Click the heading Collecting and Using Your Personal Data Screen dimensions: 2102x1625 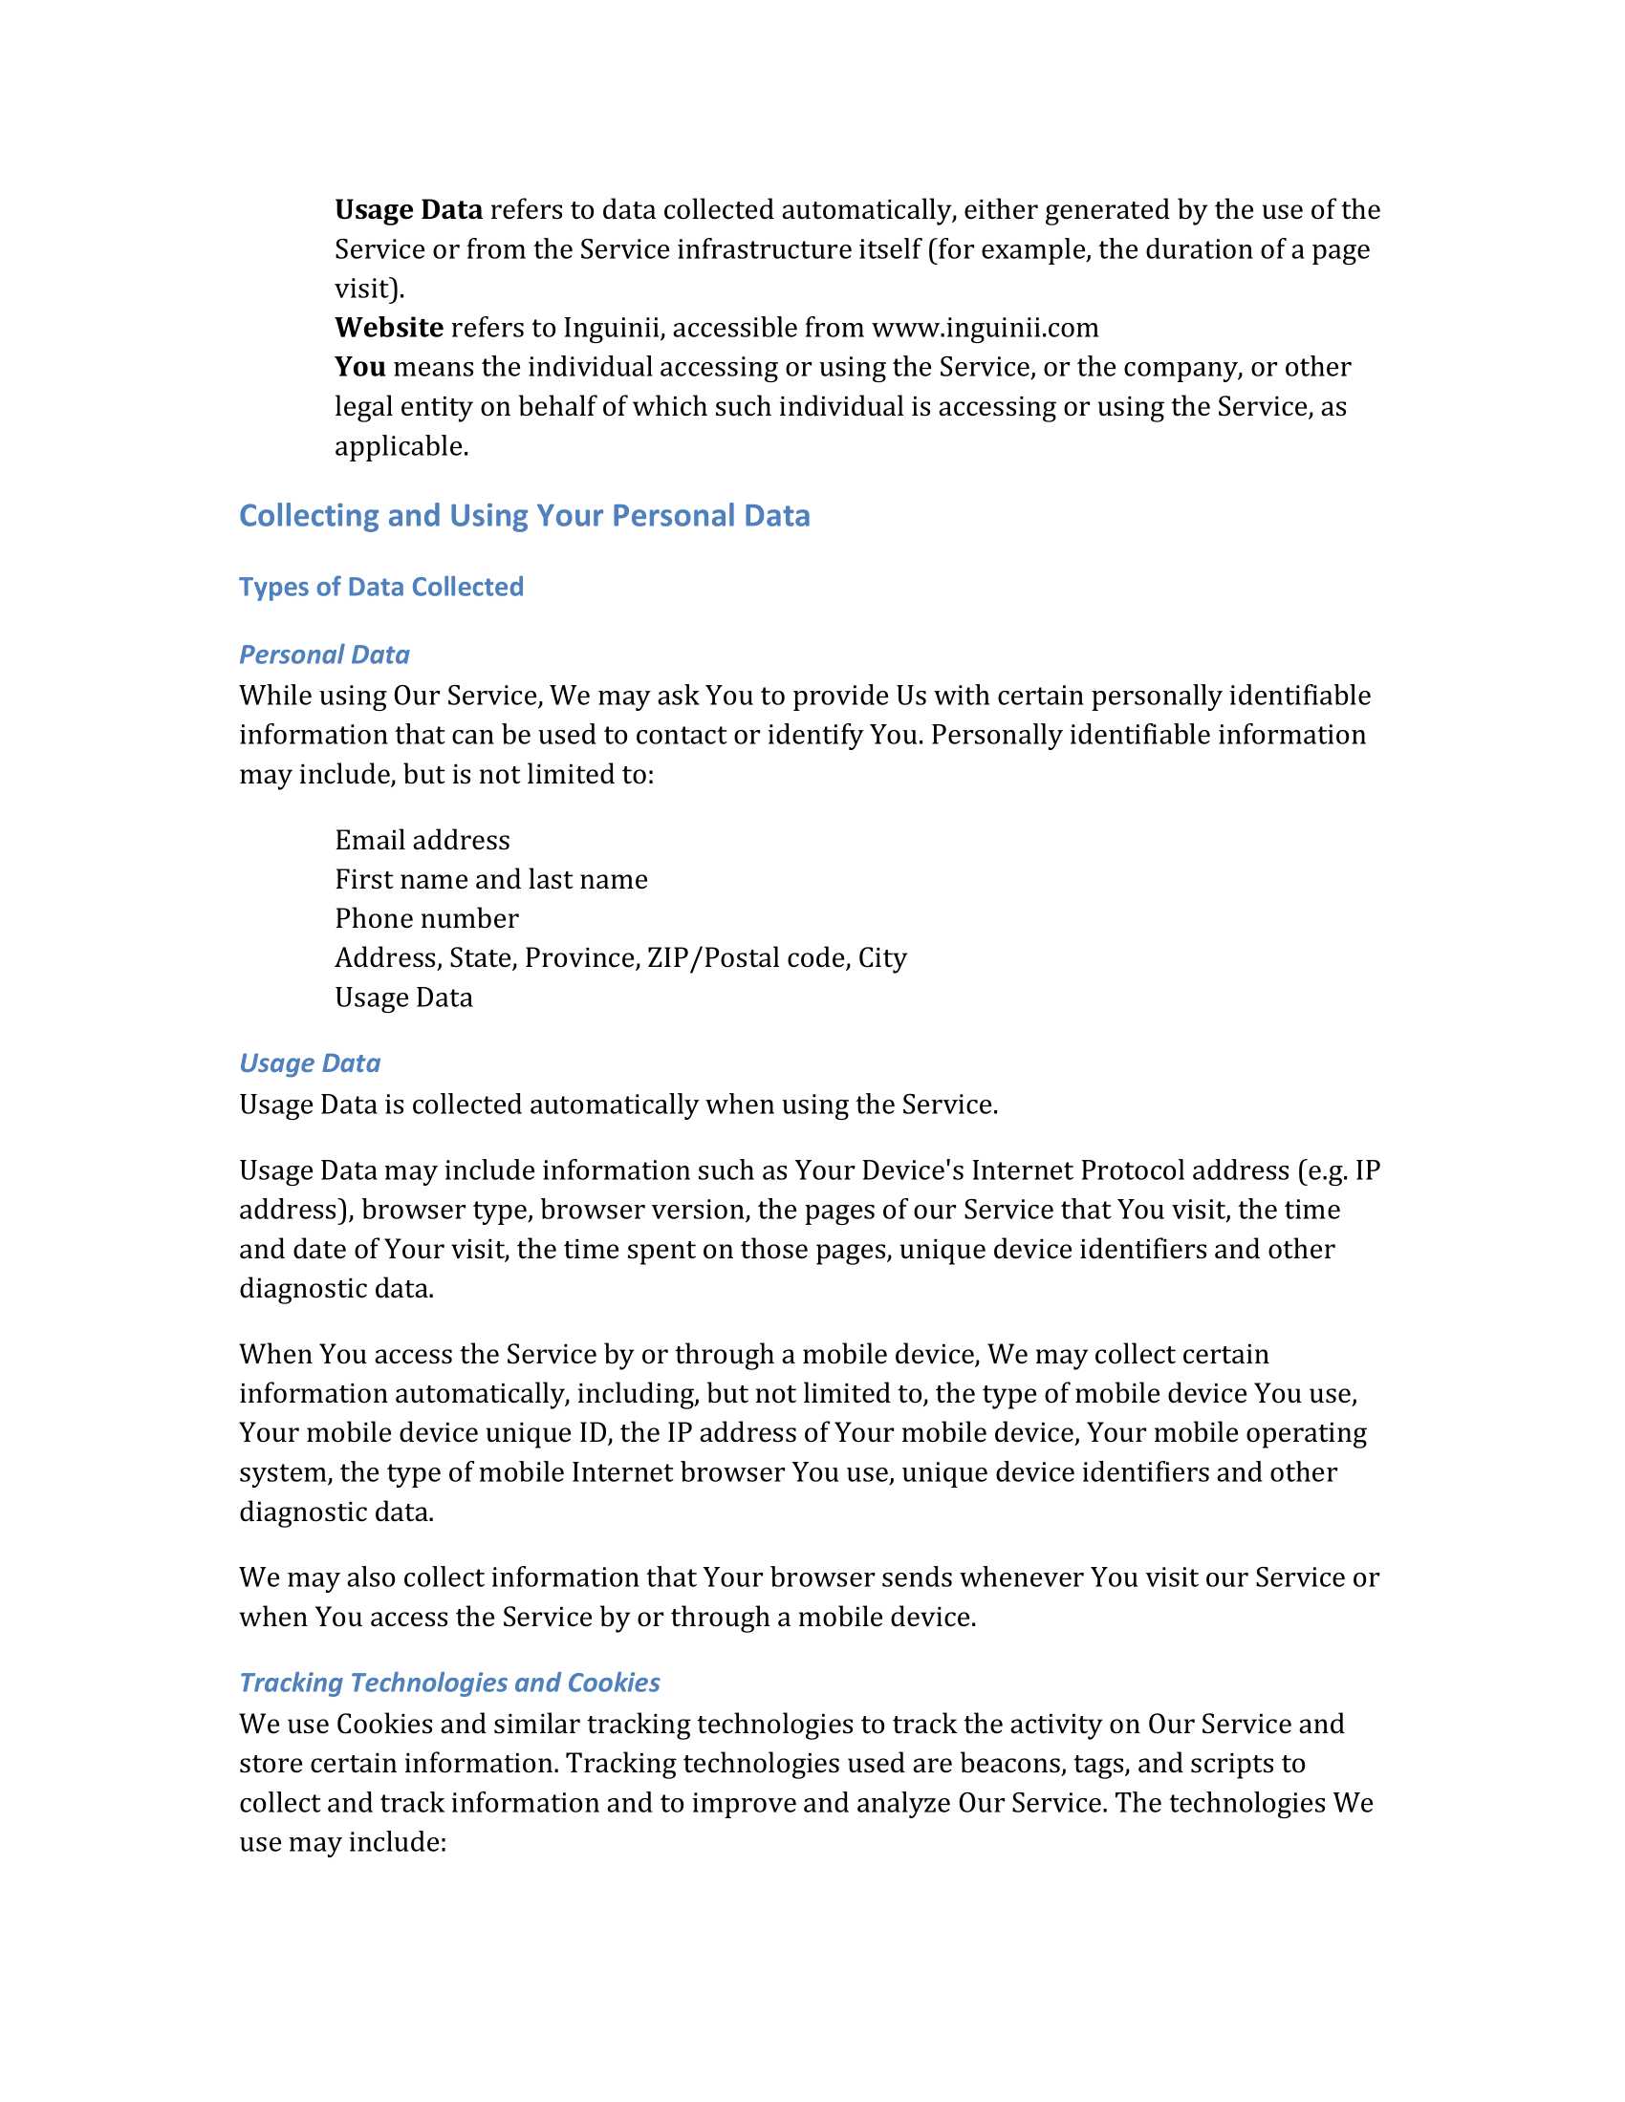[524, 516]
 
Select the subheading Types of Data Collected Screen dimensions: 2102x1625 [381, 587]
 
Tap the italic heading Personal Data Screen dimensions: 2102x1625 [324, 654]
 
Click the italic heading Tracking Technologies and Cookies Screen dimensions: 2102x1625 [449, 1683]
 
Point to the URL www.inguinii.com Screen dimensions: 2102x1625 [985, 328]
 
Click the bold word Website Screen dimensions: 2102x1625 [389, 328]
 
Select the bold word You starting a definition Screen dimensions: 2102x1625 [360, 368]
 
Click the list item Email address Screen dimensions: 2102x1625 [422, 840]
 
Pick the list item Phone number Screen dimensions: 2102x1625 [426, 919]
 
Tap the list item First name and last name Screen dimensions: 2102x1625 [491, 880]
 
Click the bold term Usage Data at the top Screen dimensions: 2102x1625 [408, 210]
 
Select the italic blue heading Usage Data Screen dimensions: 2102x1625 [310, 1063]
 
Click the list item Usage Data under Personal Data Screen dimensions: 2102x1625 [403, 998]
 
